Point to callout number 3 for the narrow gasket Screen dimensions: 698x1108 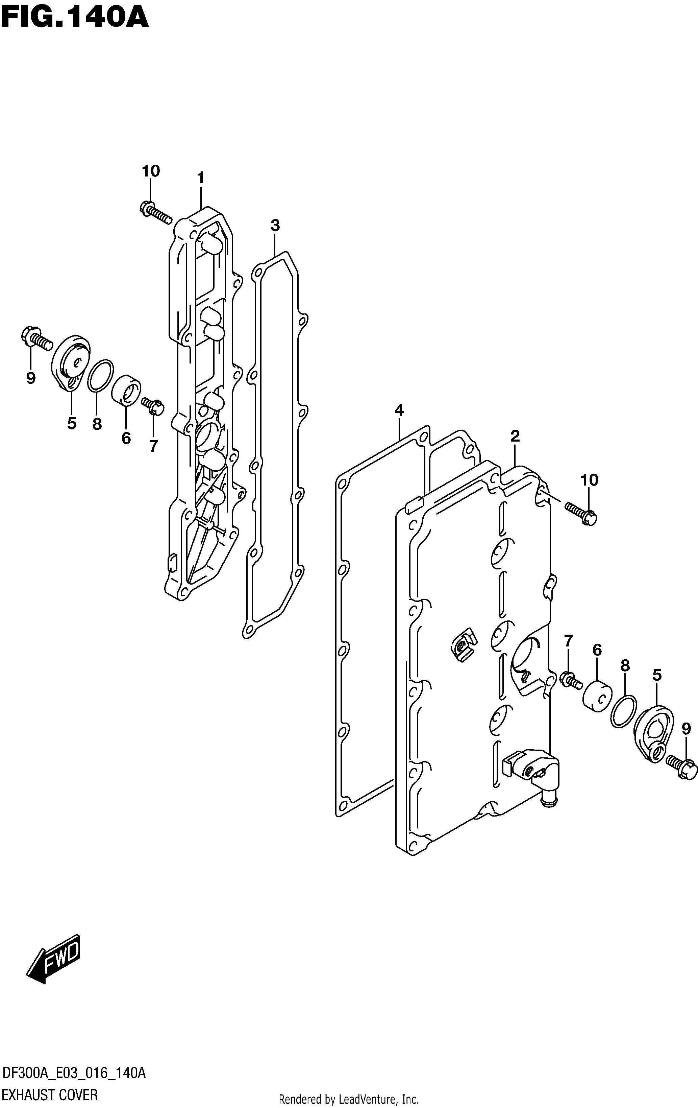click(275, 226)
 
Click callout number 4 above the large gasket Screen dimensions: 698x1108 click(399, 409)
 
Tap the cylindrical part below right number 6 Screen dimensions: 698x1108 click(597, 696)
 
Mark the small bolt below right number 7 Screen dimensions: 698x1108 click(571, 680)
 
